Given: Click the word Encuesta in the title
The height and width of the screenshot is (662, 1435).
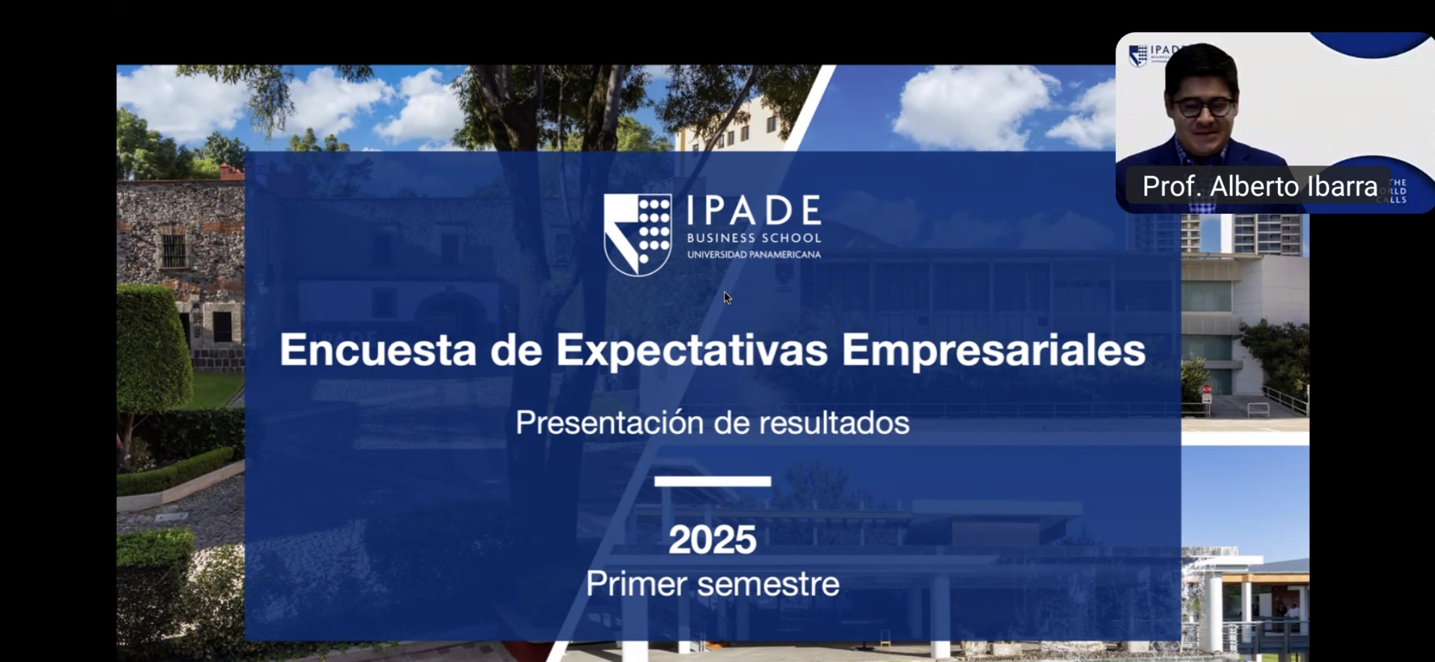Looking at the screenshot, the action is pos(378,350).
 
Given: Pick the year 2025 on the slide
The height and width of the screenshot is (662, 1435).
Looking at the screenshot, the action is pos(712,540).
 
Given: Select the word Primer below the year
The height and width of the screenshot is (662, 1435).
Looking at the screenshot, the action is pos(636,584).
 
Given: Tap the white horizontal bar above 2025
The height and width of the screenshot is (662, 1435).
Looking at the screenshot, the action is pos(713,481).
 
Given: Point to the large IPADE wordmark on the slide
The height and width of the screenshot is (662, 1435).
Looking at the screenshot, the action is pos(754,210).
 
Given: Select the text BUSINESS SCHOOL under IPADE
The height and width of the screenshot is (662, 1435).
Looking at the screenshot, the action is pos(754,238).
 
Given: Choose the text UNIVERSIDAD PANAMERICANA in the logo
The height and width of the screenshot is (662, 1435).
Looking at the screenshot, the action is pos(754,254).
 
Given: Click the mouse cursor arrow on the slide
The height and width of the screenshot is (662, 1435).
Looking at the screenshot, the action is pos(727,298).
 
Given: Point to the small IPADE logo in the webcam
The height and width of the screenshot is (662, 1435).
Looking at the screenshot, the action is pos(1153,55).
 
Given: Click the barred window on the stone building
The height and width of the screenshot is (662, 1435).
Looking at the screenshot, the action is pos(174,251).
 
